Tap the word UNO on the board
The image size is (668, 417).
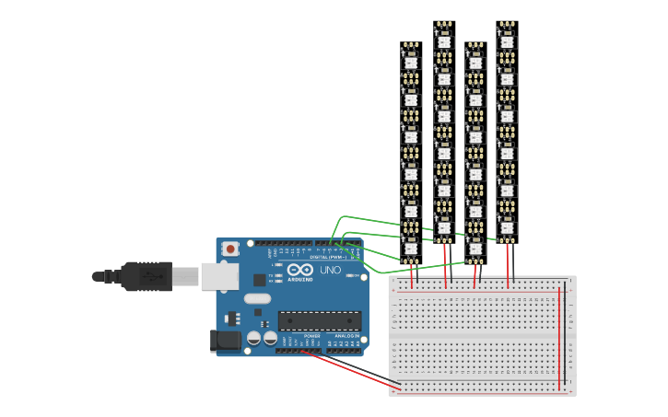(330, 271)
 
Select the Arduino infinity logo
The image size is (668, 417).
(300, 270)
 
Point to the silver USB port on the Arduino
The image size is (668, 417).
(220, 276)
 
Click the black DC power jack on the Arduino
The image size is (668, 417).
(226, 342)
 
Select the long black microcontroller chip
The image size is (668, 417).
(319, 320)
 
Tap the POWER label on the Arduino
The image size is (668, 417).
(312, 336)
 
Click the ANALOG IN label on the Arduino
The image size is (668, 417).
(347, 336)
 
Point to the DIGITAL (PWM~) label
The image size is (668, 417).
(331, 257)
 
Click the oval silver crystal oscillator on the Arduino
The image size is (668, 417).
(258, 298)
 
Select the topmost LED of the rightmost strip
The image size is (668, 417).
(506, 41)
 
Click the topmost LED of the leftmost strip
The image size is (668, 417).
(411, 62)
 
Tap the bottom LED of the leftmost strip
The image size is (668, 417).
(411, 247)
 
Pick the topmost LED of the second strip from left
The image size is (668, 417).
(443, 41)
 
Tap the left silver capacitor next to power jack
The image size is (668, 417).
(254, 339)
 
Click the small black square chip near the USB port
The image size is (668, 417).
(260, 279)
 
